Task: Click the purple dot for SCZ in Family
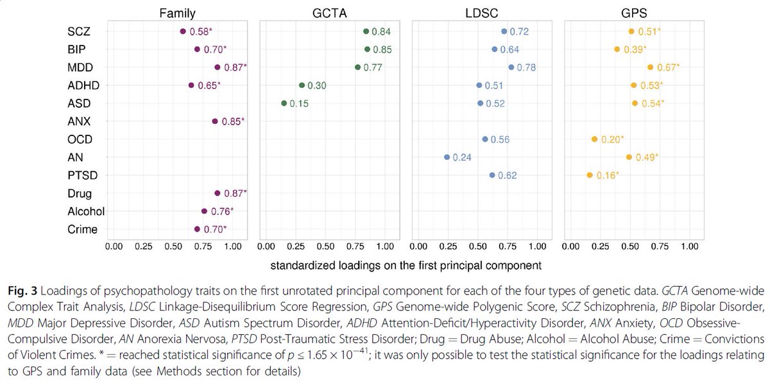pos(183,31)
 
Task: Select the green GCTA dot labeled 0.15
pos(284,103)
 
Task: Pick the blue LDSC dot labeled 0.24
pos(447,157)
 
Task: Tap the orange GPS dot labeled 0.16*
pos(590,175)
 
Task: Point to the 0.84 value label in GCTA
pos(381,31)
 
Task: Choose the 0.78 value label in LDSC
pos(526,67)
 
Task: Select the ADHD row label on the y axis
pos(83,85)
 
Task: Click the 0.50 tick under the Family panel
pos(173,246)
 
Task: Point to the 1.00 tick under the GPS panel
pos(689,246)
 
